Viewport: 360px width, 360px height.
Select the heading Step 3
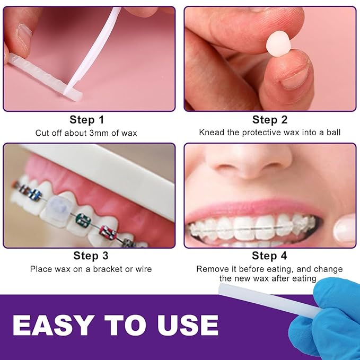(x=91, y=256)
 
